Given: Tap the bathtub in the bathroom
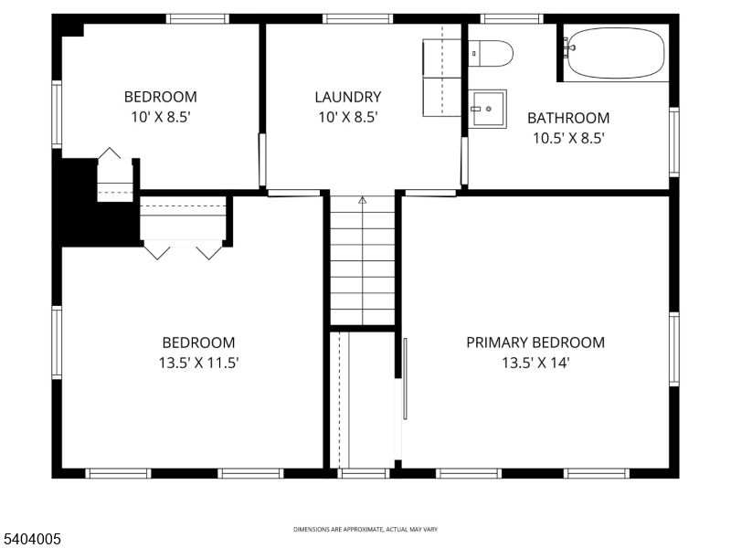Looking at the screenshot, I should (615, 53).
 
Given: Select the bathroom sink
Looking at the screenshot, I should (488, 110).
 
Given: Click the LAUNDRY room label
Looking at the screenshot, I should (347, 97).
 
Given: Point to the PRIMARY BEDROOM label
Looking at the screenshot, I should (535, 342).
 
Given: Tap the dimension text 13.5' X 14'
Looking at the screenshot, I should (535, 363).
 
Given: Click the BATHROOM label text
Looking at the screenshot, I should (568, 118).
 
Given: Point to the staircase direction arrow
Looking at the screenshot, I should (363, 198).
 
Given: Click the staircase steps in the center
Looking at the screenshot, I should (363, 265).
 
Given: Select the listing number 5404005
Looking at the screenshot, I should (32, 540).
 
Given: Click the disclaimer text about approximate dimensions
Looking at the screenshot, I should (365, 530).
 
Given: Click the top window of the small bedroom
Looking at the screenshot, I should (197, 18).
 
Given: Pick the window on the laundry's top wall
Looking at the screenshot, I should (357, 18).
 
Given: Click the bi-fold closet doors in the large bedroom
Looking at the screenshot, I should (183, 248).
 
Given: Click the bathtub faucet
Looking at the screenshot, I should (568, 43).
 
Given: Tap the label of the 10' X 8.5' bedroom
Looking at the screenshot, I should (160, 97).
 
